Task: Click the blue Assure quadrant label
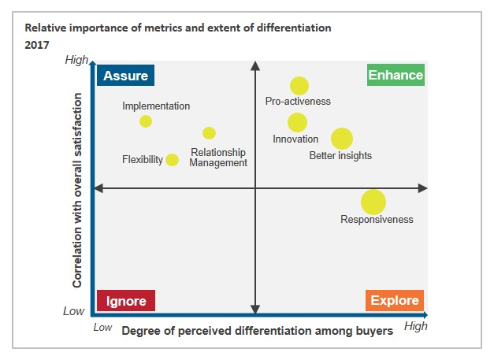(x=126, y=76)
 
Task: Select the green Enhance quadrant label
(x=396, y=76)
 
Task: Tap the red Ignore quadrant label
(x=126, y=301)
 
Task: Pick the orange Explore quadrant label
(x=395, y=301)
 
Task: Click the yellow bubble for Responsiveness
(x=373, y=202)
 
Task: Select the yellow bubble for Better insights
(x=341, y=139)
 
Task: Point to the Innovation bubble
(x=297, y=122)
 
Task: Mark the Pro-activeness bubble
(x=299, y=86)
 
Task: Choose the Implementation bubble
(x=146, y=121)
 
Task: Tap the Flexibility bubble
(x=173, y=160)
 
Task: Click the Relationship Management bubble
(x=209, y=133)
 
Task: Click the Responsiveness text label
(x=377, y=220)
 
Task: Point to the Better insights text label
(x=340, y=156)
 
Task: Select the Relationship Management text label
(x=218, y=158)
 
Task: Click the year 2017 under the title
(x=36, y=43)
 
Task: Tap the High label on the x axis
(x=415, y=326)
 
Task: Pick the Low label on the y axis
(x=73, y=311)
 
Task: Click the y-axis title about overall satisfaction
(x=78, y=189)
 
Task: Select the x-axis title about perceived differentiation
(x=257, y=331)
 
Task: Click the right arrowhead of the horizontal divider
(x=423, y=188)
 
